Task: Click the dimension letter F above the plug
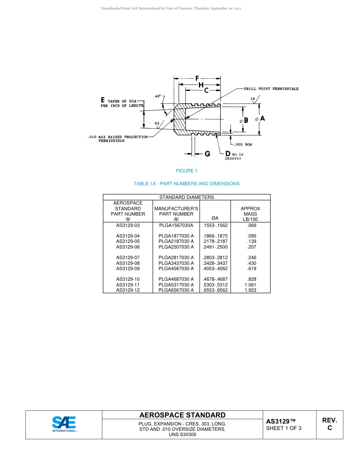point(197,79)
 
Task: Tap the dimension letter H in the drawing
point(201,84)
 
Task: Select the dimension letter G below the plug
point(207,154)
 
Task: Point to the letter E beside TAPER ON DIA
point(103,100)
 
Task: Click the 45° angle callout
point(158,96)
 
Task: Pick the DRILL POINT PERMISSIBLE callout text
point(271,89)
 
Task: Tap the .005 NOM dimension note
point(243,144)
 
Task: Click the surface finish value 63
point(157,123)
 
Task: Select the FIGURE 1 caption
point(186,171)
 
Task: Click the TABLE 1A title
point(186,184)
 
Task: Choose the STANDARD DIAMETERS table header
point(186,197)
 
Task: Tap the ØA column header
point(215,219)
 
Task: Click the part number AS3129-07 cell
point(128,258)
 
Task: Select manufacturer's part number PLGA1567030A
point(176,225)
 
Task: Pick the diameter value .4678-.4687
point(215,279)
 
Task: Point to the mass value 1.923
point(250,290)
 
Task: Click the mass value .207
point(252,247)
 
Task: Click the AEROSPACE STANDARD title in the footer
point(182,415)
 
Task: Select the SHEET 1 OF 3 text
point(284,428)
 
